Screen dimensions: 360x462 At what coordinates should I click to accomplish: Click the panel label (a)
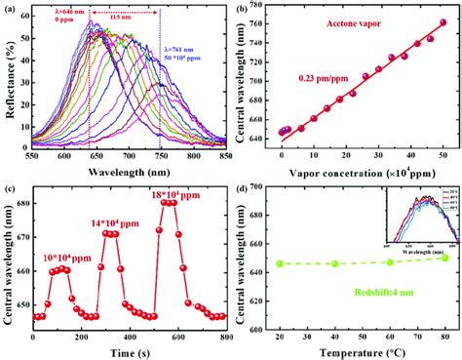coord(9,9)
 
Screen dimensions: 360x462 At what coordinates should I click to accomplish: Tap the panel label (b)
coord(240,9)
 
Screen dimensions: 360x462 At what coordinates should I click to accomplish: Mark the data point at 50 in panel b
coord(444,22)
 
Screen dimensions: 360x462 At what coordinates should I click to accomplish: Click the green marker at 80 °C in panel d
coord(444,257)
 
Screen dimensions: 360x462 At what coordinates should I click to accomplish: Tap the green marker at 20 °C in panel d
coord(280,263)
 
